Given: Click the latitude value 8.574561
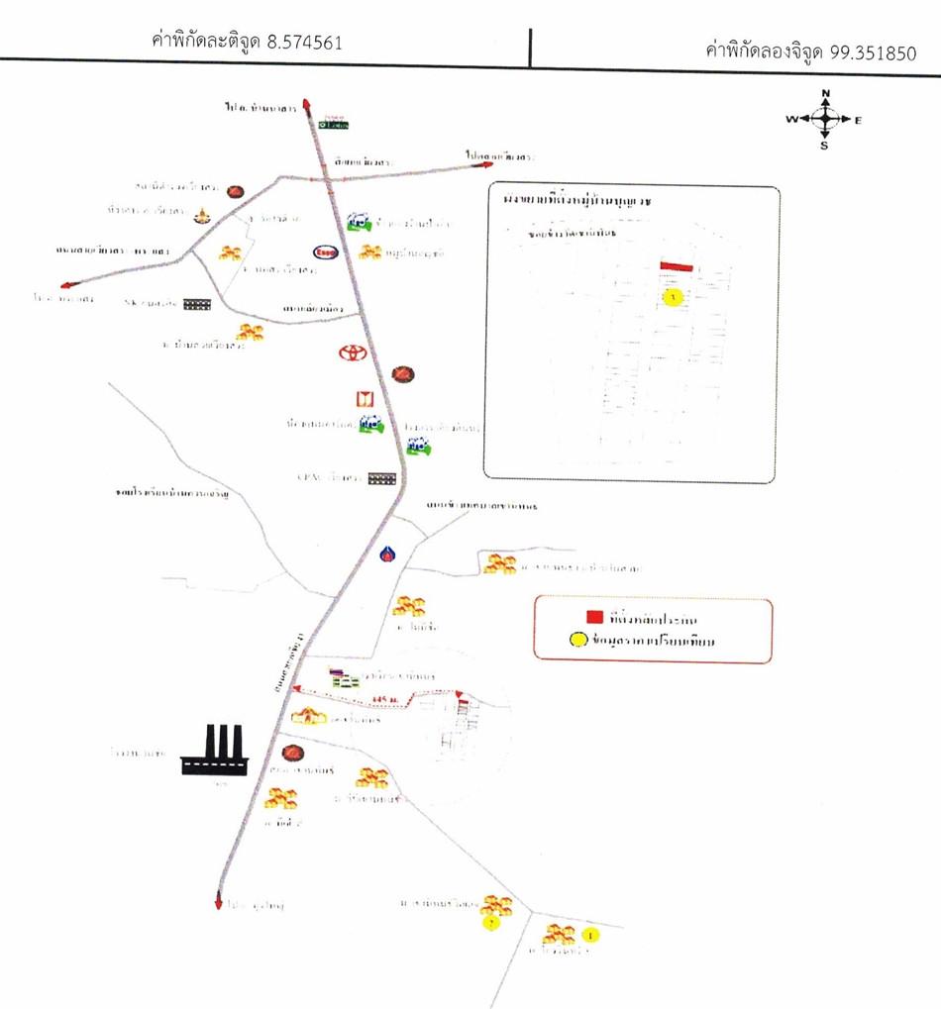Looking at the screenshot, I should [306, 44].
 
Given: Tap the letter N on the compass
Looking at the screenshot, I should [826, 94].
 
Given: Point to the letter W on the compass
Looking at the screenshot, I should [791, 119].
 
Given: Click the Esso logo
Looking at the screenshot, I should [325, 252].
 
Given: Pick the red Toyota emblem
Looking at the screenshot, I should [352, 353].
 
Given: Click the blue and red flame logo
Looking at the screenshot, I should [387, 555].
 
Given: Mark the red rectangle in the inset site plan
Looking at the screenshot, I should [678, 266].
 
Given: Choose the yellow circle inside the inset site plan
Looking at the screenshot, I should [673, 297].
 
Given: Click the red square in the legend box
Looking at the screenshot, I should [594, 617].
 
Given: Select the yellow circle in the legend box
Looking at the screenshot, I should [594, 641].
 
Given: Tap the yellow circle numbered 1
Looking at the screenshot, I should [592, 934].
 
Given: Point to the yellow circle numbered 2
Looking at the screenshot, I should [489, 923].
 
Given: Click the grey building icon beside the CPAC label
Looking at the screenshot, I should [381, 478].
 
